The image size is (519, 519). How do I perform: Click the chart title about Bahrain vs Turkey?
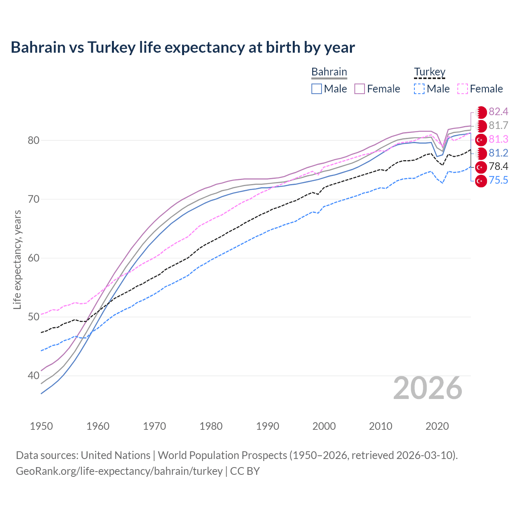[x=182, y=47]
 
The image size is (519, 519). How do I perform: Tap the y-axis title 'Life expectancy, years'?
[x=17, y=259]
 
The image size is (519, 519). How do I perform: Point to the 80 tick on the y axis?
[x=34, y=141]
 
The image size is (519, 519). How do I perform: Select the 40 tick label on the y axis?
[x=34, y=376]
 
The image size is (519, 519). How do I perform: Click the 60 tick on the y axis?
[x=34, y=258]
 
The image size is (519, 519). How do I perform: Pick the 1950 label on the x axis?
[x=41, y=426]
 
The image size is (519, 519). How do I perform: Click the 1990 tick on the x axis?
[x=268, y=426]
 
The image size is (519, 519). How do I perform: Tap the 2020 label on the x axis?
[x=437, y=426]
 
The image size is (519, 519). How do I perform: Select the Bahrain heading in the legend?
[x=329, y=72]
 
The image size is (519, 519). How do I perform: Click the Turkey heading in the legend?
[x=429, y=72]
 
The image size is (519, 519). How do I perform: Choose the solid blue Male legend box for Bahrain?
[x=317, y=89]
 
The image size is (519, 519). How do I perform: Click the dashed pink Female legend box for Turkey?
[x=463, y=89]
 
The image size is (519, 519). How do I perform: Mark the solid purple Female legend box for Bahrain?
[x=360, y=89]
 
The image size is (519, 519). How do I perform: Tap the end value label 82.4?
[x=498, y=112]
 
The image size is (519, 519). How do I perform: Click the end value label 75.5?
[x=498, y=180]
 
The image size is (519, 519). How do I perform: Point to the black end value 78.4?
[x=498, y=167]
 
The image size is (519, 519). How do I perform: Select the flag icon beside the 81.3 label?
[x=481, y=140]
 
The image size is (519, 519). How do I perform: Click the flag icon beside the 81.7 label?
[x=481, y=126]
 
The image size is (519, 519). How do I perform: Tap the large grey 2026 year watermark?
[x=427, y=388]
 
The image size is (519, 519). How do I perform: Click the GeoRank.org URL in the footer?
[x=119, y=471]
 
